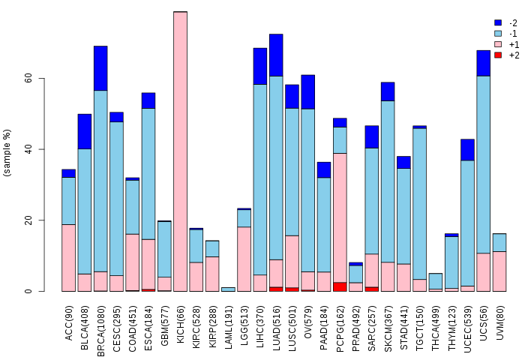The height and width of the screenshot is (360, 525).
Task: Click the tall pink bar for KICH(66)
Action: [180, 150]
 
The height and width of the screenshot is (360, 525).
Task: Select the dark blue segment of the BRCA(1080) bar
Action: [100, 67]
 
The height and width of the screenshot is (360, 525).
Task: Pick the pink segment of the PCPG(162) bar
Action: [340, 217]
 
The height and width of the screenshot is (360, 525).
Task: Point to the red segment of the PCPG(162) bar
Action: [340, 286]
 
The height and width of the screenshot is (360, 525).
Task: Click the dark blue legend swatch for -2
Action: [498, 23]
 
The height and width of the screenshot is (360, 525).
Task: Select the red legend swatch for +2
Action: [498, 55]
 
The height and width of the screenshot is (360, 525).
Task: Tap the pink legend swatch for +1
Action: [498, 44]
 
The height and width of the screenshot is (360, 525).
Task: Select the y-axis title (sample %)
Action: [8, 153]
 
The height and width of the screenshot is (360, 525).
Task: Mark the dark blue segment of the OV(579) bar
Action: [308, 91]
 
